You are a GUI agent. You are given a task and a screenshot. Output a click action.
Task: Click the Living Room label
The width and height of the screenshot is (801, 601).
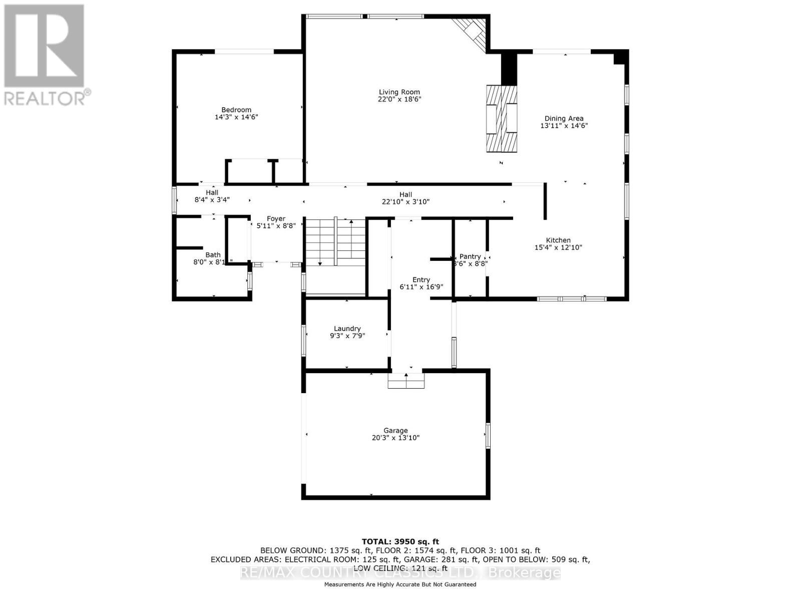pyautogui.click(x=399, y=92)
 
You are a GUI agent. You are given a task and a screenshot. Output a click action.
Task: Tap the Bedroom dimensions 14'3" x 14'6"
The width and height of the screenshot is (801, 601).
pyautogui.click(x=236, y=117)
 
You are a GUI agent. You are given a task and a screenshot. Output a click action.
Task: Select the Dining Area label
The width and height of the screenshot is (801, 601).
pyautogui.click(x=564, y=119)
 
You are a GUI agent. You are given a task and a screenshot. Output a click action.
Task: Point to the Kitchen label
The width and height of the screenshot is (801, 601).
pyautogui.click(x=558, y=240)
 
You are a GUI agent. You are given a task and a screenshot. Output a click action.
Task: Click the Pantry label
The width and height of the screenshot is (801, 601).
pyautogui.click(x=470, y=256)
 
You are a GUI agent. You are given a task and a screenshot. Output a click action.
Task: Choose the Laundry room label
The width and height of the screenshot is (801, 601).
pyautogui.click(x=347, y=329)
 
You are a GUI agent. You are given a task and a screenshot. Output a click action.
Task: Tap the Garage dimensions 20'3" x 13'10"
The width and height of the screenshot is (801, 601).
pyautogui.click(x=395, y=438)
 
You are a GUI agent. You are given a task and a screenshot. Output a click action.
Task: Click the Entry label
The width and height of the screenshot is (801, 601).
pyautogui.click(x=421, y=280)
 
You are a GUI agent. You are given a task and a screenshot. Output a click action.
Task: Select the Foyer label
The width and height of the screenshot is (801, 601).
pyautogui.click(x=276, y=219)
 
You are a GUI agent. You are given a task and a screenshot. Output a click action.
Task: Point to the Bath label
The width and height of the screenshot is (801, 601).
pyautogui.click(x=213, y=255)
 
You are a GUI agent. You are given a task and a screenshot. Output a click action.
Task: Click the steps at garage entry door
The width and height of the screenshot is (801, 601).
pyautogui.click(x=406, y=381)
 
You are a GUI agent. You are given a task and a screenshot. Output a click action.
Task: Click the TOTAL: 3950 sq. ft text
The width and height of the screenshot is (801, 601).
pyautogui.click(x=400, y=541)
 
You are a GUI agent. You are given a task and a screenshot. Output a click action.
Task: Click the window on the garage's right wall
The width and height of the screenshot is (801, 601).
pyautogui.click(x=488, y=435)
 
